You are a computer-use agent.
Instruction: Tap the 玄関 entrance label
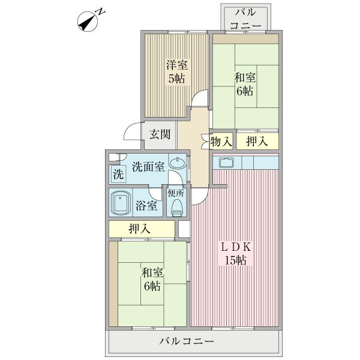(160, 134)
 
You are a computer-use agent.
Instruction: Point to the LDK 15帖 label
(235, 254)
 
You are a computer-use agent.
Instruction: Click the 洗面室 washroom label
(148, 166)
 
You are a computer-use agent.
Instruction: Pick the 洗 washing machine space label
(118, 176)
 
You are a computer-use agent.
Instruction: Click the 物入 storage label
(221, 142)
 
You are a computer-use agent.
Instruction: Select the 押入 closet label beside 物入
(257, 142)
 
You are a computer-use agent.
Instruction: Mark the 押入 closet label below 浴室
(139, 229)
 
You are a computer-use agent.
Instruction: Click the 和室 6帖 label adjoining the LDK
(151, 279)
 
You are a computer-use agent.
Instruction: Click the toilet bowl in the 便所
(177, 207)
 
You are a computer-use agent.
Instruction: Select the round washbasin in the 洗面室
(177, 163)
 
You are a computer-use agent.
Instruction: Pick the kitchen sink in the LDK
(227, 163)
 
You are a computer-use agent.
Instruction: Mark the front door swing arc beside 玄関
(131, 132)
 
